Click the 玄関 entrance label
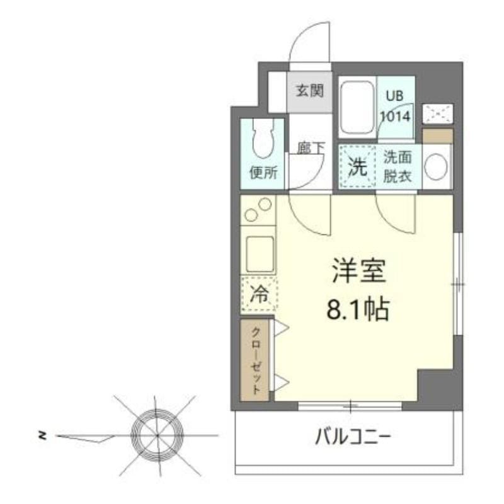(309, 91)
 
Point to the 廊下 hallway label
(311, 148)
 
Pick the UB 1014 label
(396, 106)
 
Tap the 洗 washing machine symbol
(357, 168)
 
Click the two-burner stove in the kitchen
(258, 210)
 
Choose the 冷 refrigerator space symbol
(258, 294)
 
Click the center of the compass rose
(156, 435)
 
